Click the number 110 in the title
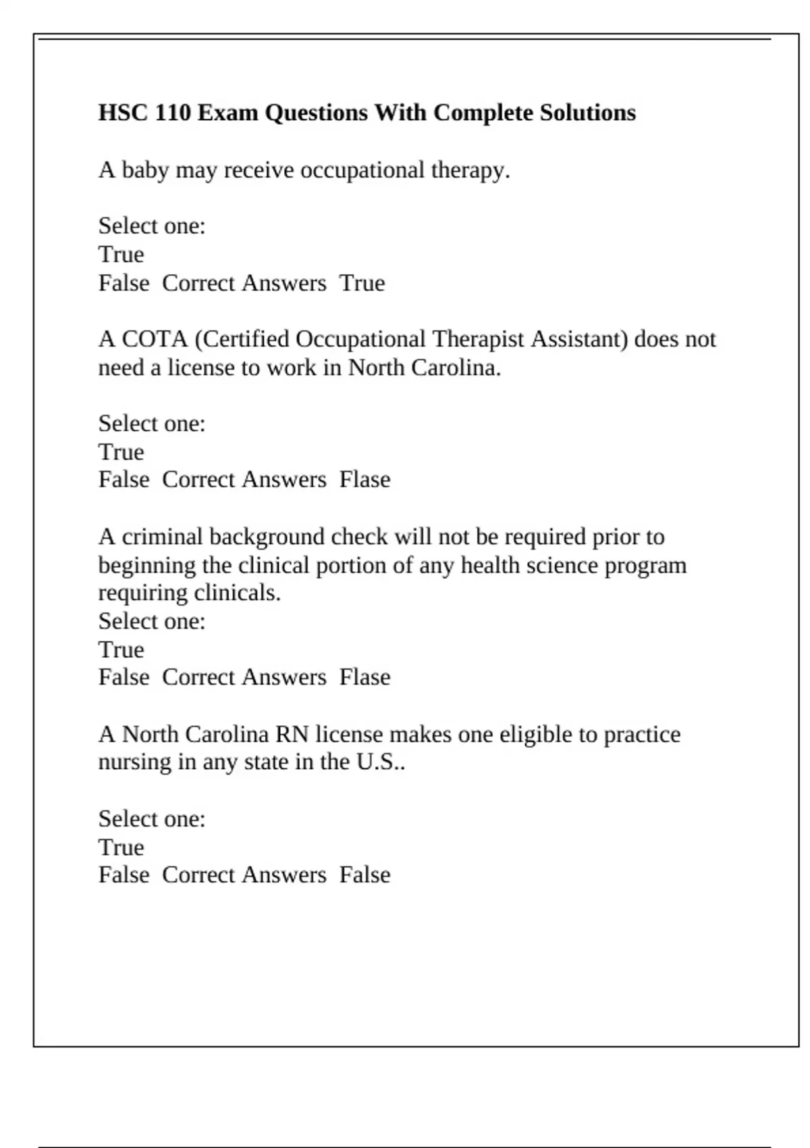pyautogui.click(x=173, y=113)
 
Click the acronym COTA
pyautogui.click(x=155, y=339)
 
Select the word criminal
pyautogui.click(x=162, y=537)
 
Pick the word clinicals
pyautogui.click(x=237, y=593)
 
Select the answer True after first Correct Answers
pyautogui.click(x=362, y=283)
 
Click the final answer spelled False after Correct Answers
pyautogui.click(x=364, y=875)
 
